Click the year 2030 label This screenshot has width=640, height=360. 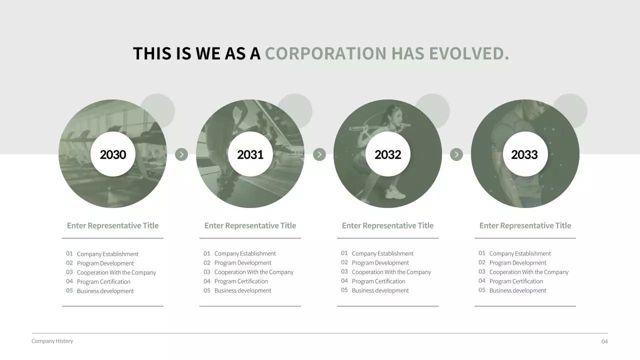pos(113,154)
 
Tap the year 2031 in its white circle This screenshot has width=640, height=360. pos(250,154)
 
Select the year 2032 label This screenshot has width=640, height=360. pos(387,154)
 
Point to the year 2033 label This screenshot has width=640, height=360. pos(524,154)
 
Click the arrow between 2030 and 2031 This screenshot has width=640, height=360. pos(181,154)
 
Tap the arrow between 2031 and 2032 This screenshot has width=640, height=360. pos(319,154)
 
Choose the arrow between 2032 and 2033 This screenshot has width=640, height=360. pos(456,154)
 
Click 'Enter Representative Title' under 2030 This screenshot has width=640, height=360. pos(112,225)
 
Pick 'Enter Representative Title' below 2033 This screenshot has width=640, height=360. pos(525,225)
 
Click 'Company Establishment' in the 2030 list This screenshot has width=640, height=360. pos(107,254)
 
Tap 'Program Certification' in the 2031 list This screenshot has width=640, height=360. pos(241,281)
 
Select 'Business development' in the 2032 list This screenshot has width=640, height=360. pos(380,290)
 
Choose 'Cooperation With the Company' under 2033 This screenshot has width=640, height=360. pos(528,272)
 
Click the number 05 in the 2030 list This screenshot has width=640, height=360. pos(69,290)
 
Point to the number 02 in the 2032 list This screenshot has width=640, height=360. pos(344,262)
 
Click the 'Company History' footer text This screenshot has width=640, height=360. pos(52,341)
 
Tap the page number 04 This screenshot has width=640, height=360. pos(604,341)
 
